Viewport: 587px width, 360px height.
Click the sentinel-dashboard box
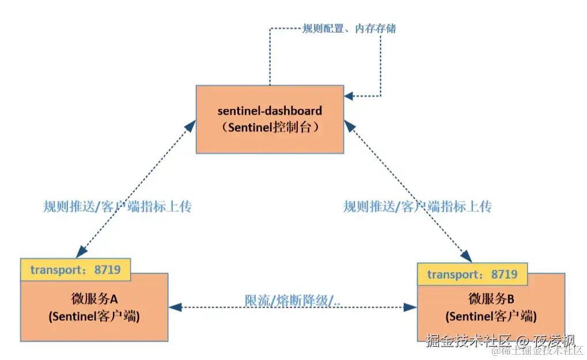(x=270, y=119)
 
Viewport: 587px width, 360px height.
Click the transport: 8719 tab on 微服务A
(x=75, y=270)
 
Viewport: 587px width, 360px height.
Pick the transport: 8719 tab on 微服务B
(x=472, y=274)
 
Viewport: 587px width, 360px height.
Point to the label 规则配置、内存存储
(x=349, y=28)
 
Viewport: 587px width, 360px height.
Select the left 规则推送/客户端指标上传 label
(x=117, y=207)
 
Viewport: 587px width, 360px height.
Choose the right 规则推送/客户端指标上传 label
(x=417, y=207)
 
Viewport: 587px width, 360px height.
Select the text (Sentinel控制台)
(x=270, y=128)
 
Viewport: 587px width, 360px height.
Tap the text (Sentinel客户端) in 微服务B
(x=491, y=316)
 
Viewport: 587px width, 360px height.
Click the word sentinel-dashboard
(x=270, y=110)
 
